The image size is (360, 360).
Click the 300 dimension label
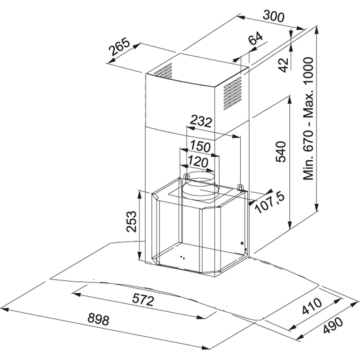pyautogui.click(x=273, y=17)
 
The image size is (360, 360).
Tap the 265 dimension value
pyautogui.click(x=119, y=48)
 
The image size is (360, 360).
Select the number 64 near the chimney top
pyautogui.click(x=256, y=38)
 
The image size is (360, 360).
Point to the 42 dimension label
pyautogui.click(x=284, y=65)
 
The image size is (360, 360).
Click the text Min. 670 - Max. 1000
pyautogui.click(x=308, y=119)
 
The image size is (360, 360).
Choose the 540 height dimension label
pyautogui.click(x=281, y=152)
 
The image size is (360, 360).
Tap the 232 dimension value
pyautogui.click(x=201, y=122)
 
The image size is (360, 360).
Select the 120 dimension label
pyautogui.click(x=198, y=162)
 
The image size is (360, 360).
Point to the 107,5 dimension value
pyautogui.click(x=270, y=203)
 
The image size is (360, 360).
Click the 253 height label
pyautogui.click(x=131, y=221)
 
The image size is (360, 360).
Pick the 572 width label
pyautogui.click(x=143, y=300)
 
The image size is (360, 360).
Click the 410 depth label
pyautogui.click(x=311, y=306)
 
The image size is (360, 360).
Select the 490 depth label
pyautogui.click(x=333, y=326)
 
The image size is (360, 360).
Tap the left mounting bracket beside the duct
pyautogui.click(x=187, y=177)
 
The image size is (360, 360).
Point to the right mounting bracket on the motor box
pyautogui.click(x=240, y=188)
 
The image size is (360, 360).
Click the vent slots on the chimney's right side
pyautogui.click(x=233, y=93)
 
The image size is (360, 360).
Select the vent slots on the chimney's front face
pyautogui.click(x=163, y=71)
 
